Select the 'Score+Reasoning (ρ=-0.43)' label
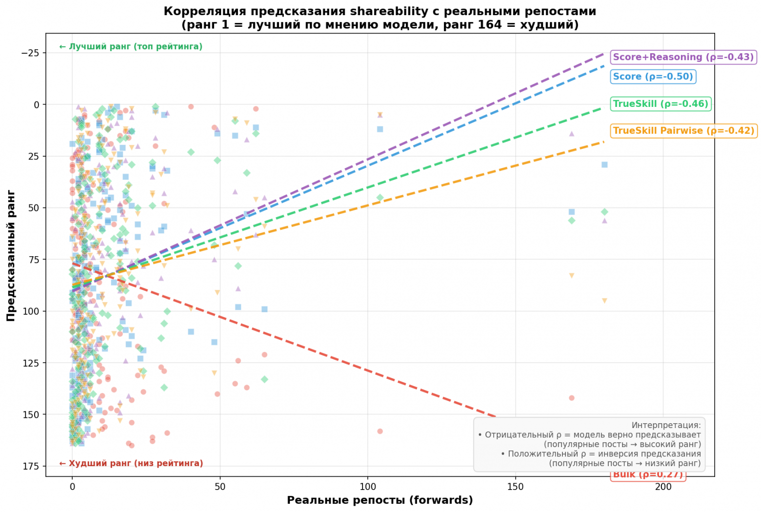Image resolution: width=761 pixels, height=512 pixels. (x=683, y=57)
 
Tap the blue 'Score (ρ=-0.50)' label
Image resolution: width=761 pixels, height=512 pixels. (x=653, y=77)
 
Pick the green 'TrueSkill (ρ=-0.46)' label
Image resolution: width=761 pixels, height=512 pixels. (x=661, y=104)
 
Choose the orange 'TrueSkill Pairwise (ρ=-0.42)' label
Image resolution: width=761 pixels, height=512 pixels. (x=683, y=131)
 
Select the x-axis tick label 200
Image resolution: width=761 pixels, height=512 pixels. (x=663, y=487)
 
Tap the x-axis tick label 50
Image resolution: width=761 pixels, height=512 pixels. (x=220, y=487)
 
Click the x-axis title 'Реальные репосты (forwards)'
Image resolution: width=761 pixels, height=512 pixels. (x=380, y=500)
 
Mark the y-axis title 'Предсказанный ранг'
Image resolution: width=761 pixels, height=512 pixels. (x=11, y=255)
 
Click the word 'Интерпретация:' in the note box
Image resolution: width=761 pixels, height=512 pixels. (x=666, y=425)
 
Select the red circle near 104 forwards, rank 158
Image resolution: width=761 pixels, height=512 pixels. (x=380, y=431)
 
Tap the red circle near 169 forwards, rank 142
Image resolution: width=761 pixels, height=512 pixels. (x=572, y=398)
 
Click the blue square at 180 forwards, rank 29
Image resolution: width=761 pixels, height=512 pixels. (x=604, y=164)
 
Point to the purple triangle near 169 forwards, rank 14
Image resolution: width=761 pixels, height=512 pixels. (x=572, y=133)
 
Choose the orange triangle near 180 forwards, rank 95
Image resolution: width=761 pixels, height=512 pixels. (x=604, y=301)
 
